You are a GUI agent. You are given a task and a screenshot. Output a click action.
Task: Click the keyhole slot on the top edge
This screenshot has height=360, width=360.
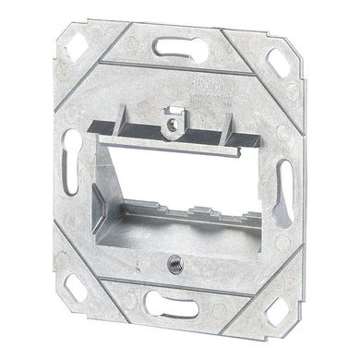181,49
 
